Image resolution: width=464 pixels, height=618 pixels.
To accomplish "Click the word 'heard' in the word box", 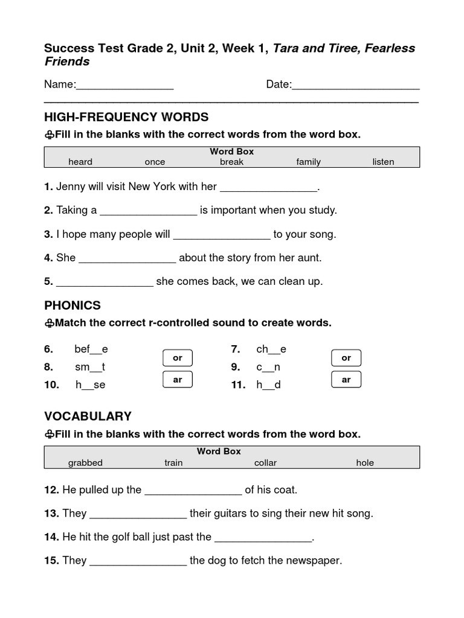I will pyautogui.click(x=80, y=162).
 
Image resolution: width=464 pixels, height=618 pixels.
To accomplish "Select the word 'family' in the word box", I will pyautogui.click(x=308, y=162).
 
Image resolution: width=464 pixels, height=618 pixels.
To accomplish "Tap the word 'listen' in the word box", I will pyautogui.click(x=383, y=162).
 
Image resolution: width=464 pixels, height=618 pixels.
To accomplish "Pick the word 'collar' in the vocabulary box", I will pyautogui.click(x=265, y=463).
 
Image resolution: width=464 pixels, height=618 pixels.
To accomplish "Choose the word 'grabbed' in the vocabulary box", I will pyautogui.click(x=85, y=463).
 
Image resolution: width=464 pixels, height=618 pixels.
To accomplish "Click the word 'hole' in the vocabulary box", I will pyautogui.click(x=365, y=463).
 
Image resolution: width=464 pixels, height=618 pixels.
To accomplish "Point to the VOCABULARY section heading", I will pyautogui.click(x=88, y=416).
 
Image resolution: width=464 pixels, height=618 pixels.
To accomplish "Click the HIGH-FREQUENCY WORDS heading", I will pyautogui.click(x=126, y=117).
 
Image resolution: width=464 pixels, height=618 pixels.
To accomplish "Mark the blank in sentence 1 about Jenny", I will pyautogui.click(x=268, y=188).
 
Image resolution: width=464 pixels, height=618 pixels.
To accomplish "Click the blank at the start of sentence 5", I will pyautogui.click(x=105, y=282).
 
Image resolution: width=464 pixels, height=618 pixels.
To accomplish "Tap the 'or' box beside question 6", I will pyautogui.click(x=178, y=358).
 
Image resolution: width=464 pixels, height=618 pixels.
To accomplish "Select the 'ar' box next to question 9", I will pyautogui.click(x=346, y=380).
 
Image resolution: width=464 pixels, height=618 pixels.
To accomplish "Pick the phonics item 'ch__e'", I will pyautogui.click(x=271, y=349).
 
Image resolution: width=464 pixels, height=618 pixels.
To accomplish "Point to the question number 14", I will pyautogui.click(x=51, y=537).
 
